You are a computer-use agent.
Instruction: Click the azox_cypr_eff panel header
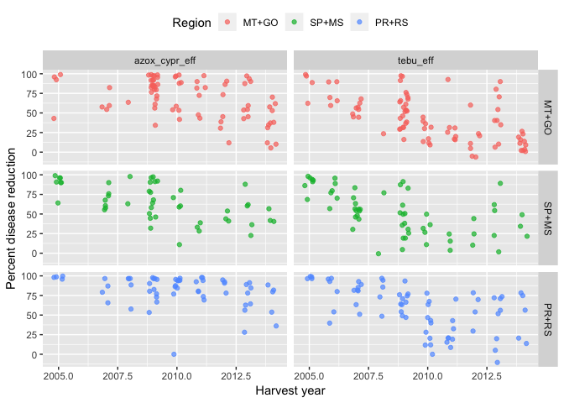[164, 60]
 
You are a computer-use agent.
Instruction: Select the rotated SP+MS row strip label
[548, 216]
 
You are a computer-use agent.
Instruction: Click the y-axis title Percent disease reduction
[11, 216]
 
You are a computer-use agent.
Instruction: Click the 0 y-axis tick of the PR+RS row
[34, 354]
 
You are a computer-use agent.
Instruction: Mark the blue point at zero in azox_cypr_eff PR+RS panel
[174, 354]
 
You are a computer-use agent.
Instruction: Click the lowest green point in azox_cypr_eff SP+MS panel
[180, 244]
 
